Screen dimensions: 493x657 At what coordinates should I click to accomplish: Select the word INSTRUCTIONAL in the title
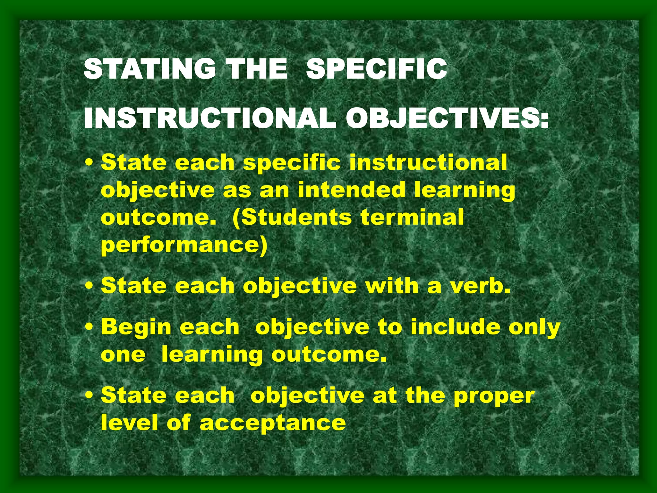coord(210,118)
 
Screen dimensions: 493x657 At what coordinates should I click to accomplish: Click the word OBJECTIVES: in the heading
coord(447,118)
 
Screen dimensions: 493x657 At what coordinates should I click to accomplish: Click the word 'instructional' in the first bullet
coord(428,162)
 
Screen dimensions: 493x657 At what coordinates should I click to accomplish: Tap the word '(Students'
coord(292,218)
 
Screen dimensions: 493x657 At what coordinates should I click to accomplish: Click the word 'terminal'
coord(412,217)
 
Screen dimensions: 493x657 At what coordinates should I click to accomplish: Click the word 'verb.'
coord(480,286)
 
